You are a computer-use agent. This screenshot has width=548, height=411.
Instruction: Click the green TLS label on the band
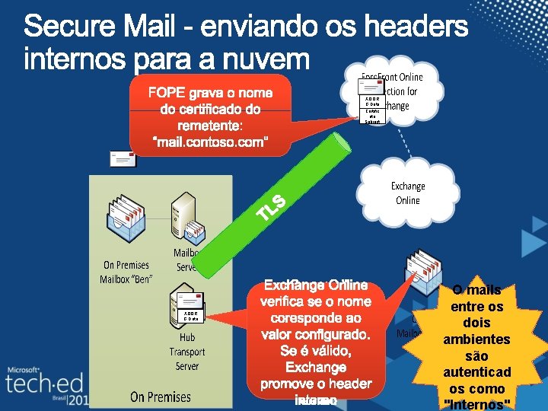[x=271, y=206]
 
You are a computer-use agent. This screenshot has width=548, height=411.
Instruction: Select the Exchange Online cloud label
[x=407, y=193]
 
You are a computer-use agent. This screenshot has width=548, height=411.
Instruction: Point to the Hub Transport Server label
[x=187, y=352]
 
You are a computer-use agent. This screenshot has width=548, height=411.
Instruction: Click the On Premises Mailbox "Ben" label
[x=127, y=272]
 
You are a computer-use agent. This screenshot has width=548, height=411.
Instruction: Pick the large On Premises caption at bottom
[x=160, y=397]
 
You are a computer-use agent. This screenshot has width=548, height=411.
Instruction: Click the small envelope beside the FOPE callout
[x=123, y=159]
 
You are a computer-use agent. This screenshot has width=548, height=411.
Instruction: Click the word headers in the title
[x=424, y=29]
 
